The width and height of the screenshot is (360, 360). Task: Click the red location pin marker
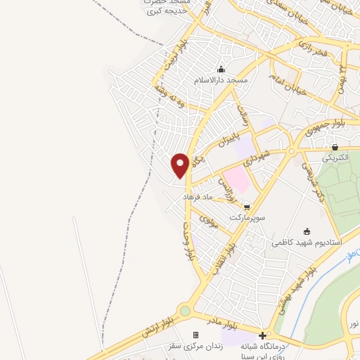pyautogui.click(x=180, y=165)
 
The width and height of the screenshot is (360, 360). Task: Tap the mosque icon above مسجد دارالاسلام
pyautogui.click(x=221, y=69)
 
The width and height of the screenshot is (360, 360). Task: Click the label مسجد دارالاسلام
pyautogui.click(x=221, y=81)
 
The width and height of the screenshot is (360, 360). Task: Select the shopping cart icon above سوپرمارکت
pyautogui.click(x=247, y=207)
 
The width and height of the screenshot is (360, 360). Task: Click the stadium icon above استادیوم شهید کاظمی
pyautogui.click(x=306, y=231)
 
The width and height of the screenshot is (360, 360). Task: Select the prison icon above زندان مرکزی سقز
pyautogui.click(x=195, y=335)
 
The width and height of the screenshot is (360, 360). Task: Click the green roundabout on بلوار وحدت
pyautogui.click(x=185, y=310)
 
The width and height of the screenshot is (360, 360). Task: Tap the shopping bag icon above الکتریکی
pyautogui.click(x=335, y=148)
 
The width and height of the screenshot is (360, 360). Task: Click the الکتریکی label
pyautogui.click(x=335, y=159)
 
